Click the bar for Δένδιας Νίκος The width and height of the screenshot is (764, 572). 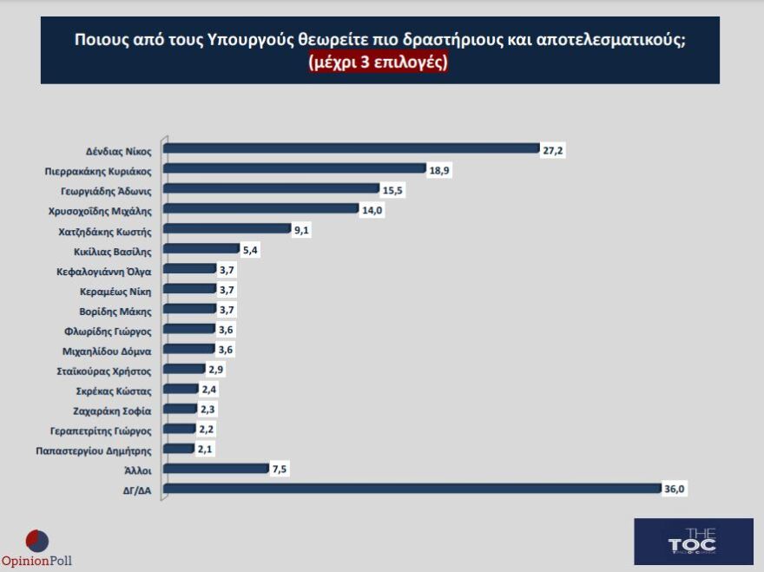(352, 148)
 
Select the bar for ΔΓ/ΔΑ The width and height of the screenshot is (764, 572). (412, 489)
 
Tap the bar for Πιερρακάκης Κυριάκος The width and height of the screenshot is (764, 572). (294, 168)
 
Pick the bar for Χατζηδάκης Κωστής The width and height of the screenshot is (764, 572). (227, 229)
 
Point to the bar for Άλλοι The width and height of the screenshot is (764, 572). (215, 469)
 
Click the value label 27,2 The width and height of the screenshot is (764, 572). (554, 149)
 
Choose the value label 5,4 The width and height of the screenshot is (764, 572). (250, 250)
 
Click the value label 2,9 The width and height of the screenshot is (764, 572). (216, 370)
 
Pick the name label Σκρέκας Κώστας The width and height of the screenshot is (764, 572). (115, 391)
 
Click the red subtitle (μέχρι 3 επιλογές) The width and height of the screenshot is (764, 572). (379, 63)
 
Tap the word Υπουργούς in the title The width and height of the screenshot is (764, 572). (267, 40)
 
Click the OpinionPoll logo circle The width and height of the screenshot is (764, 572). (37, 541)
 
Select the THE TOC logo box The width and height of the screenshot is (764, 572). (693, 542)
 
